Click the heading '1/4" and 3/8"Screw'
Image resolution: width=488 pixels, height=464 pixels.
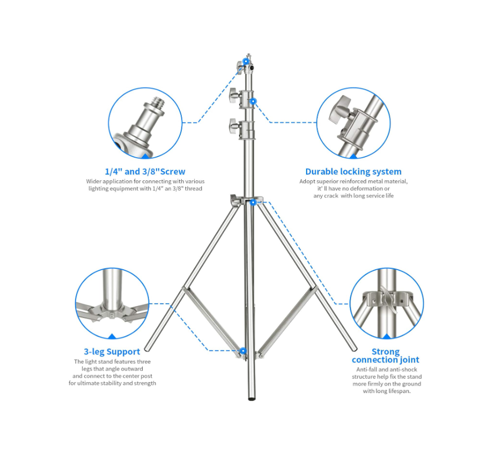point(145,172)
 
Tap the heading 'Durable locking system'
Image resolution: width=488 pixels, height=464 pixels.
point(353,172)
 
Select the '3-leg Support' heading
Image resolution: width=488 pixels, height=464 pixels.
point(112,352)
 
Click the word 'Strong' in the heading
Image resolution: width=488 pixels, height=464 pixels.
point(386,351)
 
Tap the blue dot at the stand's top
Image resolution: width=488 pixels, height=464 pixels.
point(246,61)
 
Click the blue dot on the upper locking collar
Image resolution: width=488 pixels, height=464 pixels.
point(253,101)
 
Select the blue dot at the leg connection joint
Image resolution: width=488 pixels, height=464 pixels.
point(253,202)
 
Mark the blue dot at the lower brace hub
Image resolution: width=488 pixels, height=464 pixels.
point(243,351)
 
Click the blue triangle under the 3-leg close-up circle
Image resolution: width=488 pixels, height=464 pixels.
point(112,336)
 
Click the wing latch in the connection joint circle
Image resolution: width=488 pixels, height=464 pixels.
point(387,299)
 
